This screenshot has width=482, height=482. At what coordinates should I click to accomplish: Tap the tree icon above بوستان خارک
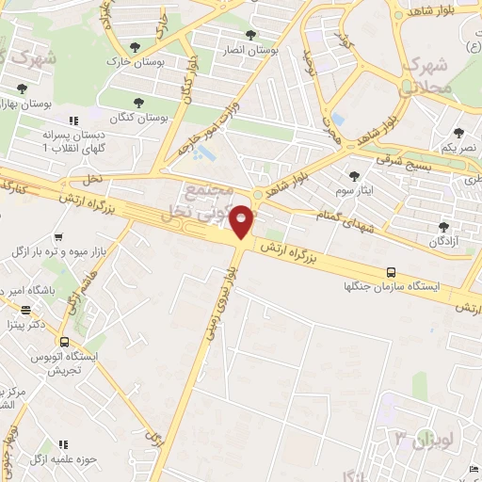point(137,47)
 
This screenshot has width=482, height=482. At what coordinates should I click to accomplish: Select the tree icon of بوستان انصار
point(250,35)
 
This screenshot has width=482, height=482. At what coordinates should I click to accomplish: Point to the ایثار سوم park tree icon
point(354,176)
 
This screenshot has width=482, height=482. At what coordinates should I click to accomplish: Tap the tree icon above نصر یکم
point(458,134)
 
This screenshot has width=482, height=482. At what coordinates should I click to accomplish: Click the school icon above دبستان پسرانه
point(73,120)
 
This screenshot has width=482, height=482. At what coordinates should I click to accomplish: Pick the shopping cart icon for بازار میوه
point(59,237)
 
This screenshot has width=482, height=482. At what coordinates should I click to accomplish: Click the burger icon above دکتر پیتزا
point(26,309)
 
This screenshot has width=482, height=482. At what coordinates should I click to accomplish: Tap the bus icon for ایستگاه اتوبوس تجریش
point(64,342)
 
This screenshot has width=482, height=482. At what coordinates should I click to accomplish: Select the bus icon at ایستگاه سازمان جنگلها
point(390,272)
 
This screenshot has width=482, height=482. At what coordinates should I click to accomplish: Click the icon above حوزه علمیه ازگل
point(64,443)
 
